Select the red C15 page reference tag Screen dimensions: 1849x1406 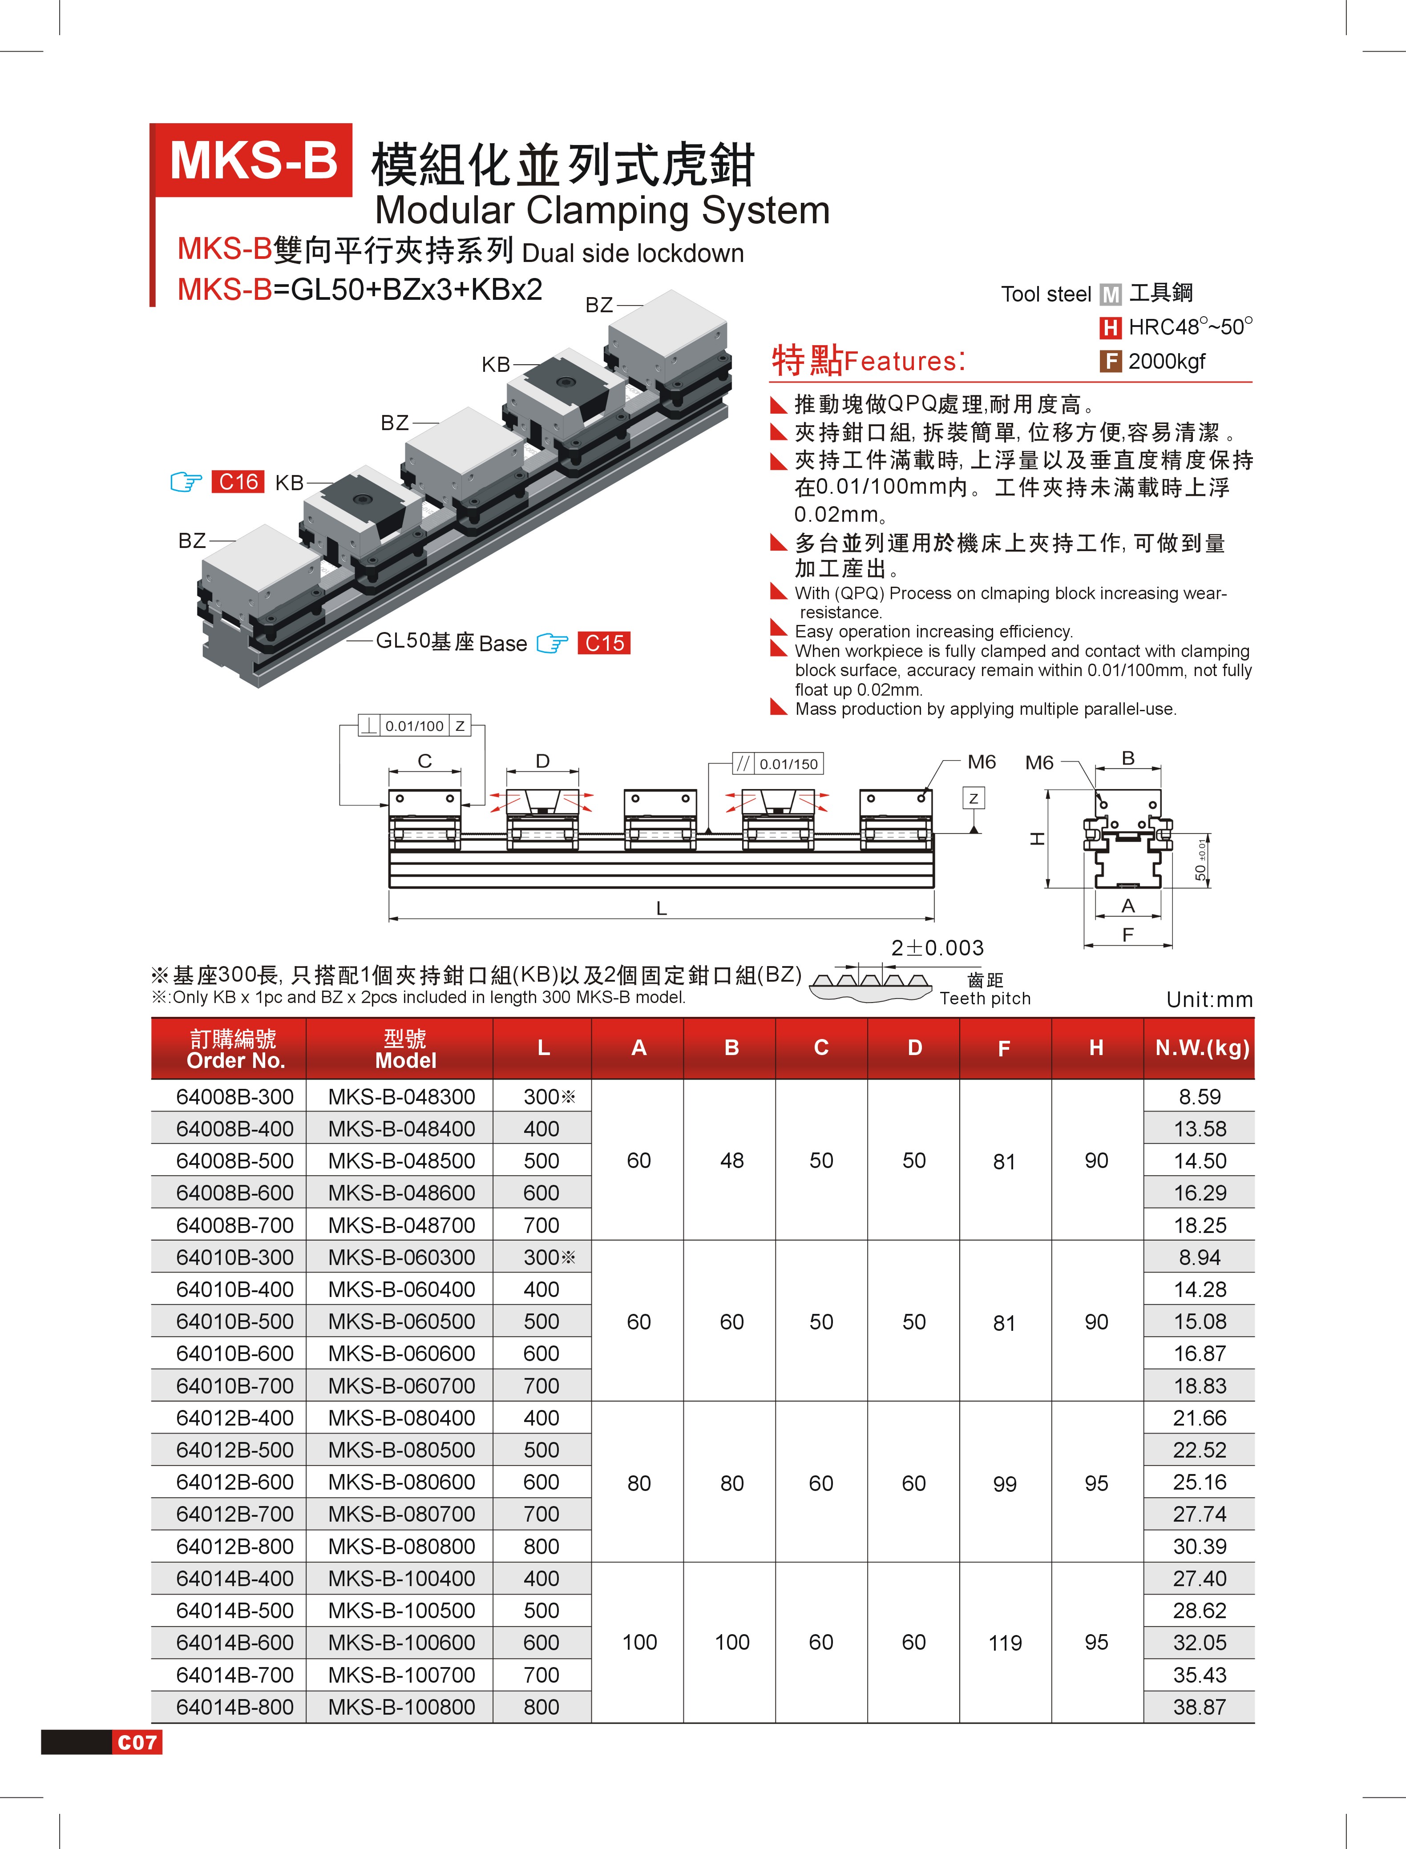point(603,643)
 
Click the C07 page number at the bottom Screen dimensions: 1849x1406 point(137,1743)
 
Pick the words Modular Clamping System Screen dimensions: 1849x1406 point(602,210)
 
